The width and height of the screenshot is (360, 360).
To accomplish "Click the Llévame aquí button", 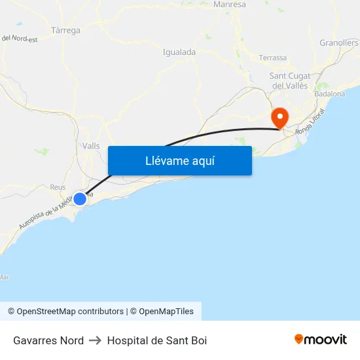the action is (x=179, y=161).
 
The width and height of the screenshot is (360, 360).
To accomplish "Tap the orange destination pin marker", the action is (x=280, y=118).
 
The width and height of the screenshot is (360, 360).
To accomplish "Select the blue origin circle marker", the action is (x=79, y=198).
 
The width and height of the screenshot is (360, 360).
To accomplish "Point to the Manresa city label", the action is (x=229, y=4).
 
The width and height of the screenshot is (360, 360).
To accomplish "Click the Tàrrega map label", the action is (x=65, y=30).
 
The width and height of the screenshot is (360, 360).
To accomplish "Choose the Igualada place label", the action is (x=179, y=52).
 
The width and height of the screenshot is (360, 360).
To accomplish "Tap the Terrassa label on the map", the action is (x=272, y=58).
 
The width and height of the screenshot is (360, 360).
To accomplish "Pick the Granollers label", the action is (x=339, y=43).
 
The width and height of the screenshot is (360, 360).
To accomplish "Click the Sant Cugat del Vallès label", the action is (x=290, y=81).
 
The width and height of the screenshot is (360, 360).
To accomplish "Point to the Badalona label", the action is (x=329, y=94).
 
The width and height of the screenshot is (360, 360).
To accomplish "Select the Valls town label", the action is (x=91, y=146).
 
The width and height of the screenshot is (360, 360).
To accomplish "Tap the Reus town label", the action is (x=58, y=187).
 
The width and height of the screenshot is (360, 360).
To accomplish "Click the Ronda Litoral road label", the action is (x=310, y=122).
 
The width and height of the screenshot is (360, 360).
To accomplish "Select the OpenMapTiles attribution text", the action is (x=166, y=312).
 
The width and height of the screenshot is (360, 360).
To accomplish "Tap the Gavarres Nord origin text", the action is (x=48, y=340).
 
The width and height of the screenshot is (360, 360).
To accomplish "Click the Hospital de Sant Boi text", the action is (x=157, y=340).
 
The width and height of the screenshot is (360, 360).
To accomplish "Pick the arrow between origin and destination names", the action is (x=95, y=340).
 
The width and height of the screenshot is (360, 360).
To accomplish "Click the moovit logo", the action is (x=320, y=339).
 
